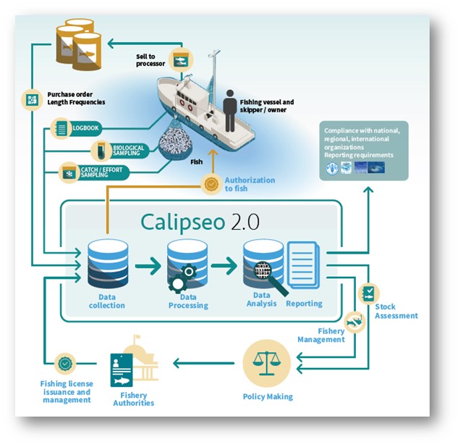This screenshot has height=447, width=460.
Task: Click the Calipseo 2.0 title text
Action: coord(198,221)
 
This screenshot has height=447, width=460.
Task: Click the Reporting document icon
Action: coord(303,265)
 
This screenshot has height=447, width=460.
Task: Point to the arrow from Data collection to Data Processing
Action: coord(148,266)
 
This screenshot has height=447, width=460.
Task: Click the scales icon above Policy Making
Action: coord(266,362)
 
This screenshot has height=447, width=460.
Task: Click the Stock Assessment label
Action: coord(396,311)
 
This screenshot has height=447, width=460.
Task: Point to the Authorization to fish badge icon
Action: coord(211,185)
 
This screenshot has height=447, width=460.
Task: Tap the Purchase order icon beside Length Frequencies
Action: coord(31,99)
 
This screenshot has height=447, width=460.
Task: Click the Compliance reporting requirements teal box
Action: coord(362,151)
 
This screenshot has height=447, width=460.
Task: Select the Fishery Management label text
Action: coord(321,334)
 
